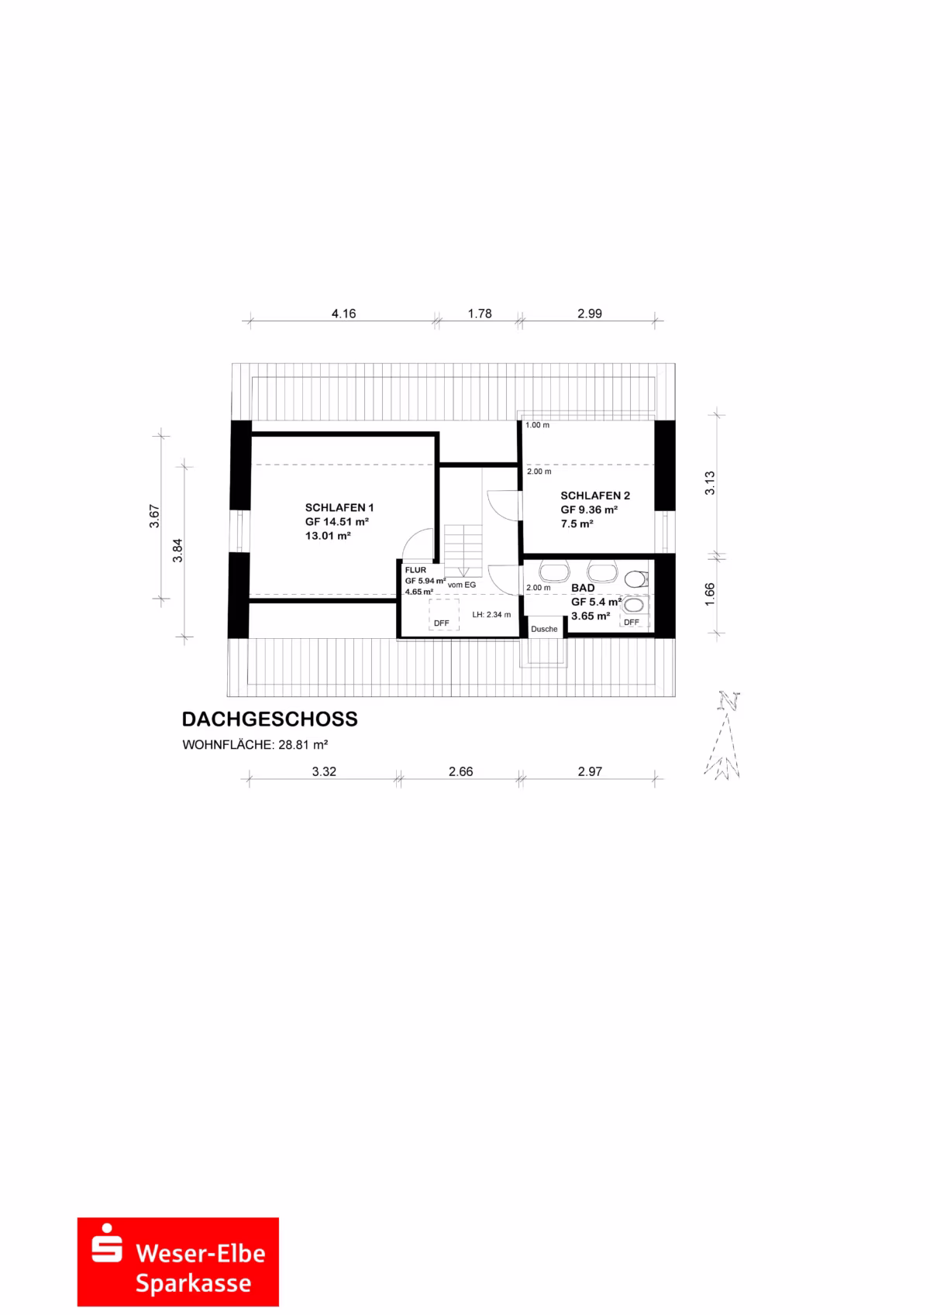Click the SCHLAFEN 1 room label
[339, 508]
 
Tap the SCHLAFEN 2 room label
[595, 496]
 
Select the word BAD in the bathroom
[583, 588]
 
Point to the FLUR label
[415, 570]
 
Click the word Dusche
[544, 630]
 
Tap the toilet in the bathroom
[636, 579]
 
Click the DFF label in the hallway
[441, 623]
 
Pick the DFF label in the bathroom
[632, 623]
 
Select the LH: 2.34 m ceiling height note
[491, 615]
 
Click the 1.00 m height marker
[538, 425]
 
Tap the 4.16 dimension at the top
[343, 314]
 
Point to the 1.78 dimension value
[480, 314]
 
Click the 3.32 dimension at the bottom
[324, 772]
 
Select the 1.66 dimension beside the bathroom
[710, 595]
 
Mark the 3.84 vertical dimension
[177, 551]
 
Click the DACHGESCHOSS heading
[270, 719]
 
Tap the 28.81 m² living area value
[303, 745]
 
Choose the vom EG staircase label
[462, 585]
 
